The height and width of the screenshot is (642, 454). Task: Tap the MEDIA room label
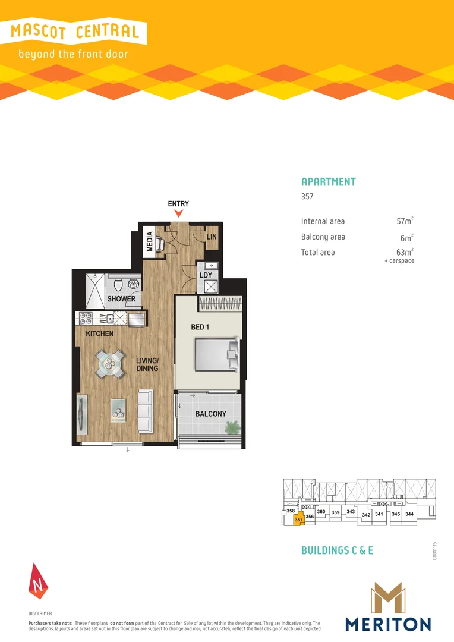pos(150,241)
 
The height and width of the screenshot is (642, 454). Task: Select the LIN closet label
pos(211,237)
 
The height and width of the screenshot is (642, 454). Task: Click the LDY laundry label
pos(206,275)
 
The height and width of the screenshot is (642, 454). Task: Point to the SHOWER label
pos(121,299)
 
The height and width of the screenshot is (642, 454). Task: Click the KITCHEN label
pos(99,334)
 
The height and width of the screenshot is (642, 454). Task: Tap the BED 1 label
pos(200,328)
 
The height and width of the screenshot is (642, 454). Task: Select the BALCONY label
pos(210,414)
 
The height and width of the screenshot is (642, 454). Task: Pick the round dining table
pos(111,364)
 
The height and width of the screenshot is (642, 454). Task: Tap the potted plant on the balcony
pos(232,427)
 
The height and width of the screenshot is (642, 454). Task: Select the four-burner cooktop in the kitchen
pos(84,318)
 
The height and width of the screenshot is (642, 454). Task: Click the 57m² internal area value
pos(404,221)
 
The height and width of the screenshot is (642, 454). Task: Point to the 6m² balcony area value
pos(406,237)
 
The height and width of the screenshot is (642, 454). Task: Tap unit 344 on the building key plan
pos(409,514)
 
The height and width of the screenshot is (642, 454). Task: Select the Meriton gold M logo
pos(387,598)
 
